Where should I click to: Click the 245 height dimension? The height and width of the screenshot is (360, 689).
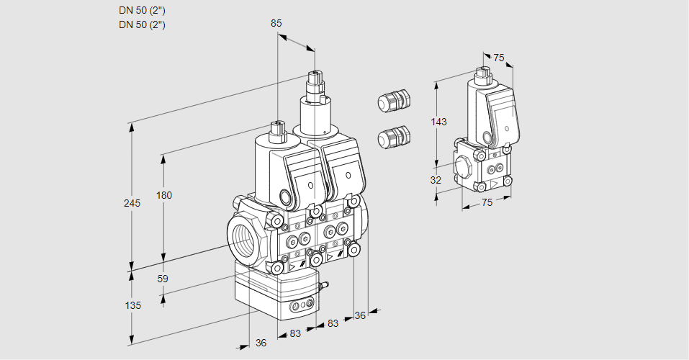pos(132,203)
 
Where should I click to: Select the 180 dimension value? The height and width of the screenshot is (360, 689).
pos(164,195)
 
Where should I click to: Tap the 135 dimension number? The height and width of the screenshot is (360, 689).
pos(132,305)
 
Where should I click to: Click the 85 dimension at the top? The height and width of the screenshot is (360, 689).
pos(276,23)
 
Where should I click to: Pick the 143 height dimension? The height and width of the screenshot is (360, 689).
pos(438,122)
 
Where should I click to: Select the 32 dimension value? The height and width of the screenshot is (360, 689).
pos(436,180)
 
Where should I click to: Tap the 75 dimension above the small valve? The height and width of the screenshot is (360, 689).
pos(499,58)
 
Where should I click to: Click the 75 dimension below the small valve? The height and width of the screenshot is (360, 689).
pos(487,202)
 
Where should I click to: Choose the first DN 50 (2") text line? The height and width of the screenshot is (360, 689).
pos(142,11)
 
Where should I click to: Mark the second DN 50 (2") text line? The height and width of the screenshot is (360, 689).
pos(142,24)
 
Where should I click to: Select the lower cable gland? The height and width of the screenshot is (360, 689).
pos(394,136)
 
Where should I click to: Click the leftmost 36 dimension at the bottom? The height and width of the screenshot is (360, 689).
pos(261,343)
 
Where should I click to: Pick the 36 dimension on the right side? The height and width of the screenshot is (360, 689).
pos(360,315)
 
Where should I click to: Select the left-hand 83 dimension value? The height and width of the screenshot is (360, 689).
pos(294,333)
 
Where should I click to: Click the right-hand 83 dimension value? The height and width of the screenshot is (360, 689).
pos(333,323)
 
